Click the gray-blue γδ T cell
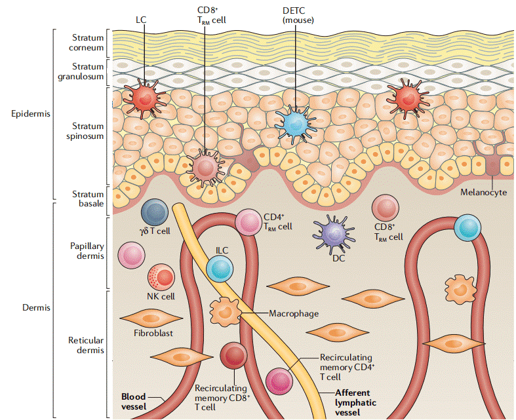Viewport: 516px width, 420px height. pos(155,213)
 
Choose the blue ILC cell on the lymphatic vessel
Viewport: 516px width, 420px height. pos(219,268)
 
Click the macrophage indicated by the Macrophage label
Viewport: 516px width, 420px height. pos(225,309)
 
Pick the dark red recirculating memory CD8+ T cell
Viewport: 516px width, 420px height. pos(233,355)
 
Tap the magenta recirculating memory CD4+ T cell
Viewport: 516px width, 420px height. pos(279,381)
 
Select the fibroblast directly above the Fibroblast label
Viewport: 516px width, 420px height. pos(151,318)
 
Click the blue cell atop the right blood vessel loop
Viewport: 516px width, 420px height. pos(468,227)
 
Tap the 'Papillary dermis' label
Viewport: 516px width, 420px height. pos(87,251)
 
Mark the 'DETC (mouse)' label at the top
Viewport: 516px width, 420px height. pos(298,15)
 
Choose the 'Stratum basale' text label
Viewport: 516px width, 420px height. pos(88,199)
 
